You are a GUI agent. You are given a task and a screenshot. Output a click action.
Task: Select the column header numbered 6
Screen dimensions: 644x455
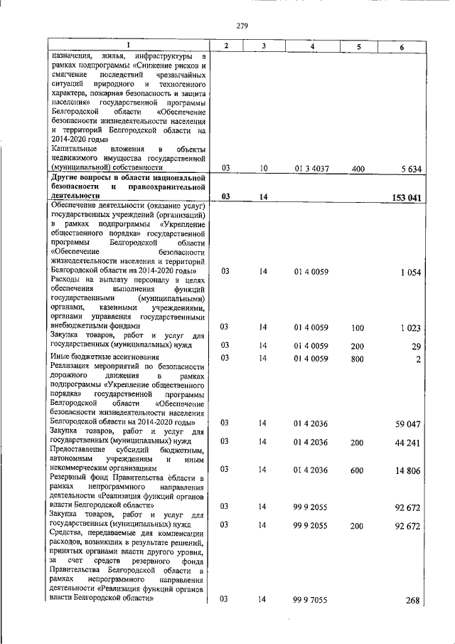click(x=402, y=46)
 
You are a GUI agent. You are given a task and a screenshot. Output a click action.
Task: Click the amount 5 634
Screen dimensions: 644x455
click(x=412, y=169)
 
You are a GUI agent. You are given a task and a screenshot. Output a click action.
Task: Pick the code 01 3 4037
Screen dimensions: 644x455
click(x=312, y=169)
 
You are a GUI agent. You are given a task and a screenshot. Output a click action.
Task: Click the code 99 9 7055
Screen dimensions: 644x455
click(x=312, y=601)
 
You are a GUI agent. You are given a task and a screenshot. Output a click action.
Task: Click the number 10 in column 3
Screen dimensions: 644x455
click(x=263, y=169)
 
